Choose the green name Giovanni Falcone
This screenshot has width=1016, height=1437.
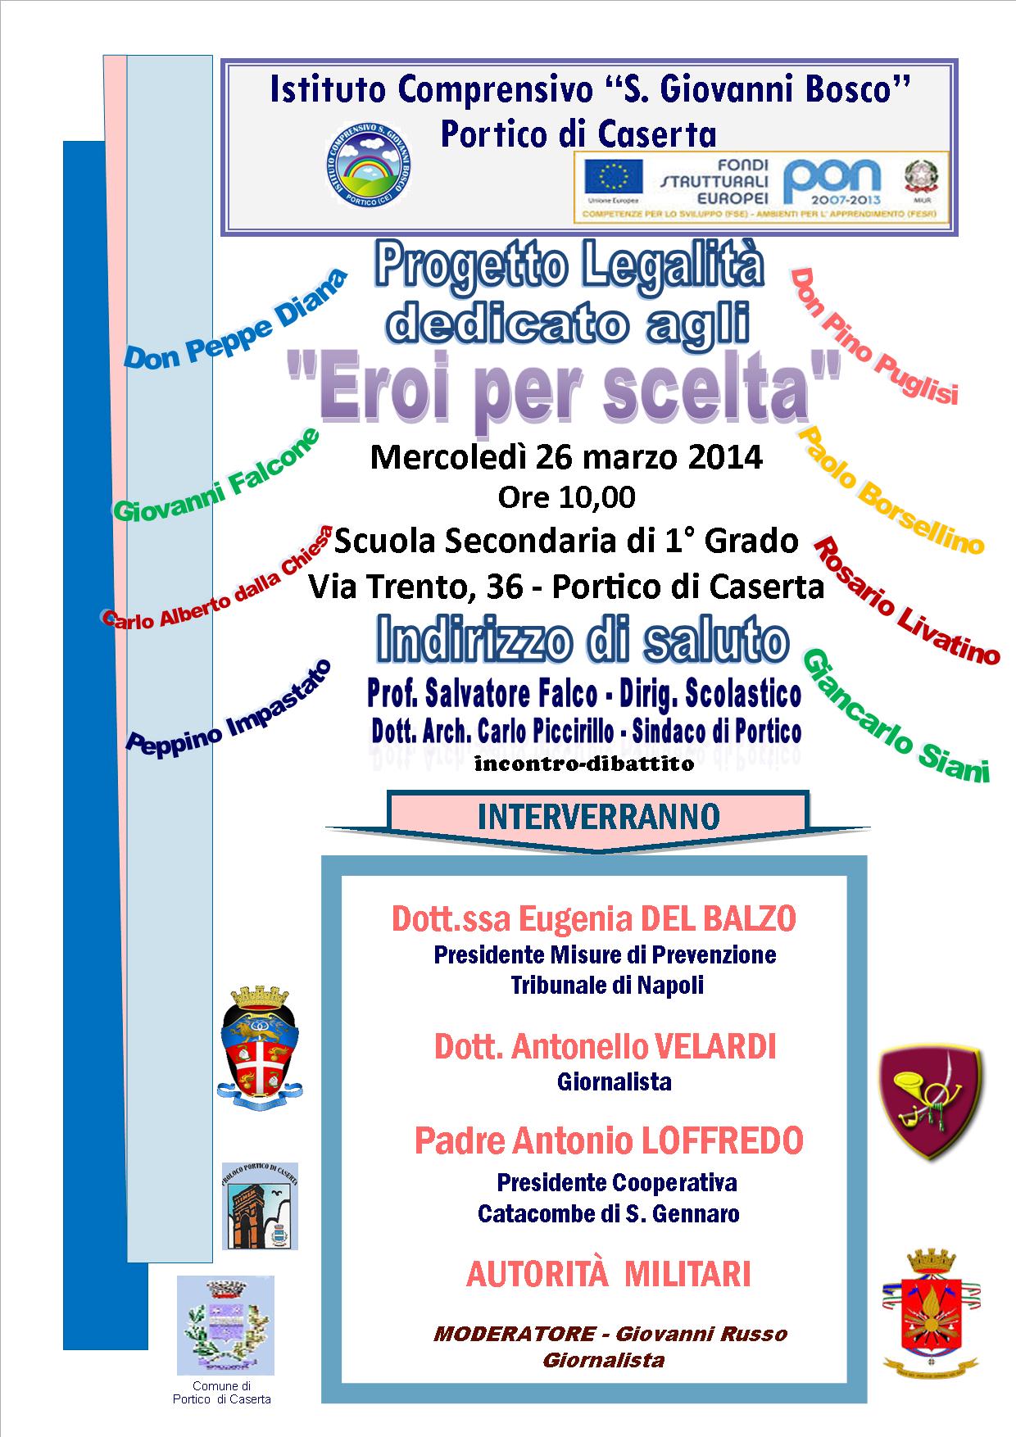pos(215,476)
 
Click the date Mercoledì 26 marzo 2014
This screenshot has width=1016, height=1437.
pos(566,457)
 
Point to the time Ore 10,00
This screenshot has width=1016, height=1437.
pos(566,496)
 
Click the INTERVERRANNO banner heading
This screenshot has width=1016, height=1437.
pos(598,816)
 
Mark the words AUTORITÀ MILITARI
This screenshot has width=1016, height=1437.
pos(608,1274)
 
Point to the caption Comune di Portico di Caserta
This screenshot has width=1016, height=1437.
pos(222,1393)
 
